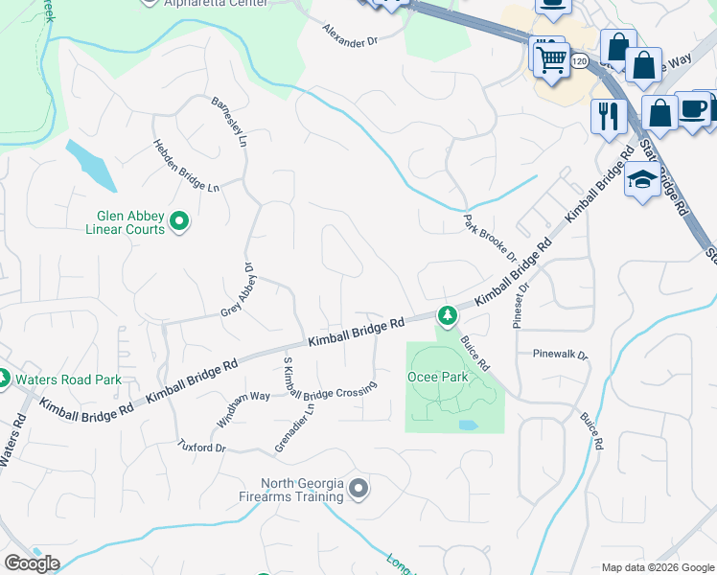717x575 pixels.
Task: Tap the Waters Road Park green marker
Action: click(x=3, y=379)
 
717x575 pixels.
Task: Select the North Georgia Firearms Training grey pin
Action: click(x=358, y=489)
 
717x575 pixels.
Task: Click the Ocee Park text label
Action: click(x=437, y=377)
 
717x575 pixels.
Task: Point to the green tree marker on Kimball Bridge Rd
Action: click(x=446, y=314)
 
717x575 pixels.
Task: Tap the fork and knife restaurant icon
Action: click(x=608, y=116)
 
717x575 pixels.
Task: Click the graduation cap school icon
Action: click(x=640, y=180)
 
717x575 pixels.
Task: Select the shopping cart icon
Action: click(x=551, y=59)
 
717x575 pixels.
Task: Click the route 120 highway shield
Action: click(x=578, y=61)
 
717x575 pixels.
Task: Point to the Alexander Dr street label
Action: click(x=351, y=36)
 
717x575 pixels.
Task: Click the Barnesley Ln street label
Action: click(x=229, y=124)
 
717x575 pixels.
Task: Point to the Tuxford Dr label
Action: click(x=201, y=447)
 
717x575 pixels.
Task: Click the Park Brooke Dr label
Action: click(x=490, y=240)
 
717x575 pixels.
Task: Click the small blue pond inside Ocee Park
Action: click(x=467, y=425)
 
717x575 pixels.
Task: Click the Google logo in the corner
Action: click(x=32, y=563)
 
